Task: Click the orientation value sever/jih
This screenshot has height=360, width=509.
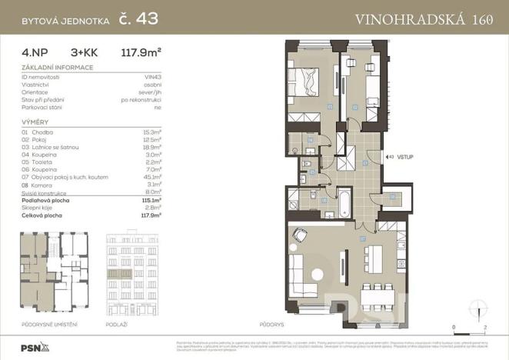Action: (x=146, y=92)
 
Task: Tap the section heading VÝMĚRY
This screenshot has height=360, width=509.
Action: (x=35, y=122)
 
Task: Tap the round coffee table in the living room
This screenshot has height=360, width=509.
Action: (x=318, y=274)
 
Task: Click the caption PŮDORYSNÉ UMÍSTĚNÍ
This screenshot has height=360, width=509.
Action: (x=49, y=325)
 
